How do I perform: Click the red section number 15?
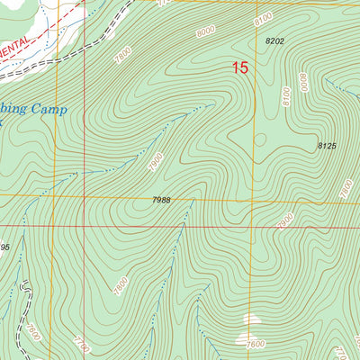click(x=239, y=67)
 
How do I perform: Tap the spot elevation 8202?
click(x=274, y=41)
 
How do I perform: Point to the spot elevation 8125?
click(x=326, y=146)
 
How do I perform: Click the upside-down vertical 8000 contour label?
click(x=304, y=84)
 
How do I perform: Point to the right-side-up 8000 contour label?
click(x=206, y=33)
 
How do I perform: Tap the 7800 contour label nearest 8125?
click(x=345, y=189)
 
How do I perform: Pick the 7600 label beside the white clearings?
click(x=256, y=343)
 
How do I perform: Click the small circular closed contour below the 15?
click(x=259, y=139)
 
